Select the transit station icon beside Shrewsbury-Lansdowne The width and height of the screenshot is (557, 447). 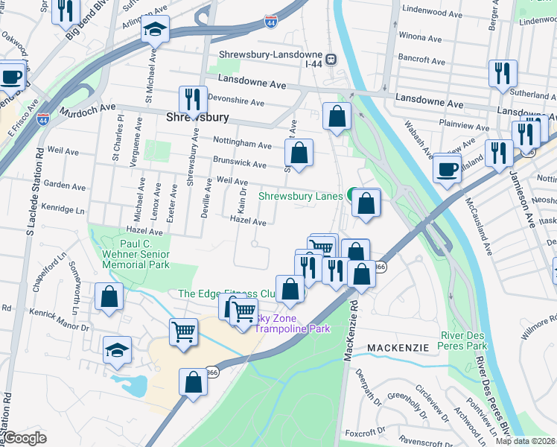[x=331, y=58]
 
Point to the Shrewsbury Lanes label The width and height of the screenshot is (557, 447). [x=300, y=197]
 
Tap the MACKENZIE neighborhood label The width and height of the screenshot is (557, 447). [x=397, y=348]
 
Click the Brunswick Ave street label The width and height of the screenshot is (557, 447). [x=239, y=164]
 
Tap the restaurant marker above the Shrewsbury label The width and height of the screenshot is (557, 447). [x=193, y=98]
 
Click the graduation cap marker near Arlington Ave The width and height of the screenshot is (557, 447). [x=156, y=29]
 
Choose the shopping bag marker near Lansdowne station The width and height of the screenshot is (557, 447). [x=337, y=115]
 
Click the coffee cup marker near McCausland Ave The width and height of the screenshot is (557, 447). [x=448, y=167]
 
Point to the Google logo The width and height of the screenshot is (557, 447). [x=25, y=437]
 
